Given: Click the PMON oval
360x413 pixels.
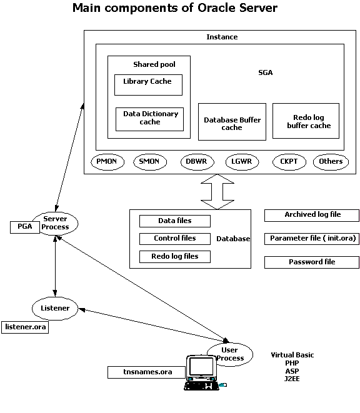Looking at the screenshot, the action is tap(107, 162).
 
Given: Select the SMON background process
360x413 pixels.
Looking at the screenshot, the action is tap(150, 162).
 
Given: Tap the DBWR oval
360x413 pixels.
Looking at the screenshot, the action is tap(197, 162).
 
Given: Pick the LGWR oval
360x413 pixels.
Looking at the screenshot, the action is tap(242, 162).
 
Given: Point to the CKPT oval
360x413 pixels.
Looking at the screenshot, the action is tap(289, 162).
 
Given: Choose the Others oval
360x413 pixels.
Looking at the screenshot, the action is tap(331, 162).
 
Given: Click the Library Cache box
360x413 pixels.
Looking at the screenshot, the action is tap(148, 85).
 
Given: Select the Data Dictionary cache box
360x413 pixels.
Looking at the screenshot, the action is tap(150, 119).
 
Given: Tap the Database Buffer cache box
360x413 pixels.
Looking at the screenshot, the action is tap(232, 122).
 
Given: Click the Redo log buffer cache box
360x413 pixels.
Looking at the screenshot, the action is tap(306, 121).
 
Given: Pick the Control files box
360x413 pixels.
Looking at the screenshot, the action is tap(175, 239).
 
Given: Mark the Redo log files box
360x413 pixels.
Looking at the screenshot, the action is tap(175, 257).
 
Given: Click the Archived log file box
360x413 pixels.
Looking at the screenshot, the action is tap(312, 216).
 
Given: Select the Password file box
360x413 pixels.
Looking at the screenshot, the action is tap(312, 262).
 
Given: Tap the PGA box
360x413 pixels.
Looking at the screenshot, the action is tap(25, 227).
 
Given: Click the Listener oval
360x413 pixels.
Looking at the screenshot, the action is tap(55, 309).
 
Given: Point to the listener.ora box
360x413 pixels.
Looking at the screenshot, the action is tap(25, 327).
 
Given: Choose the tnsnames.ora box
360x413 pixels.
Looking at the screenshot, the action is tap(146, 372).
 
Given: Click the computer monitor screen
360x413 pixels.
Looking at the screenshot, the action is tap(201, 366).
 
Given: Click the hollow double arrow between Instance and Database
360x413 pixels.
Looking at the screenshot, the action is tap(217, 192).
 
